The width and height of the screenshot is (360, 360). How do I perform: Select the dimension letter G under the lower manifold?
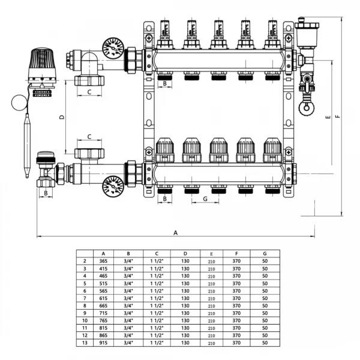pos(205,199)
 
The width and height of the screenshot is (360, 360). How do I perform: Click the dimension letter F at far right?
pos(338,116)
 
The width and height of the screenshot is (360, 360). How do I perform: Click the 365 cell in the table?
pos(104,262)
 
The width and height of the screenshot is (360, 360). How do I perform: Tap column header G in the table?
pos(265,254)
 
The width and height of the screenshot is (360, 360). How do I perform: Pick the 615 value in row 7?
pos(104,298)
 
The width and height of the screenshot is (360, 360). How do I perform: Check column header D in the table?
pos(185,254)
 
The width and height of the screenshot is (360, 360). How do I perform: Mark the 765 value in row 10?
pos(104,320)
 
